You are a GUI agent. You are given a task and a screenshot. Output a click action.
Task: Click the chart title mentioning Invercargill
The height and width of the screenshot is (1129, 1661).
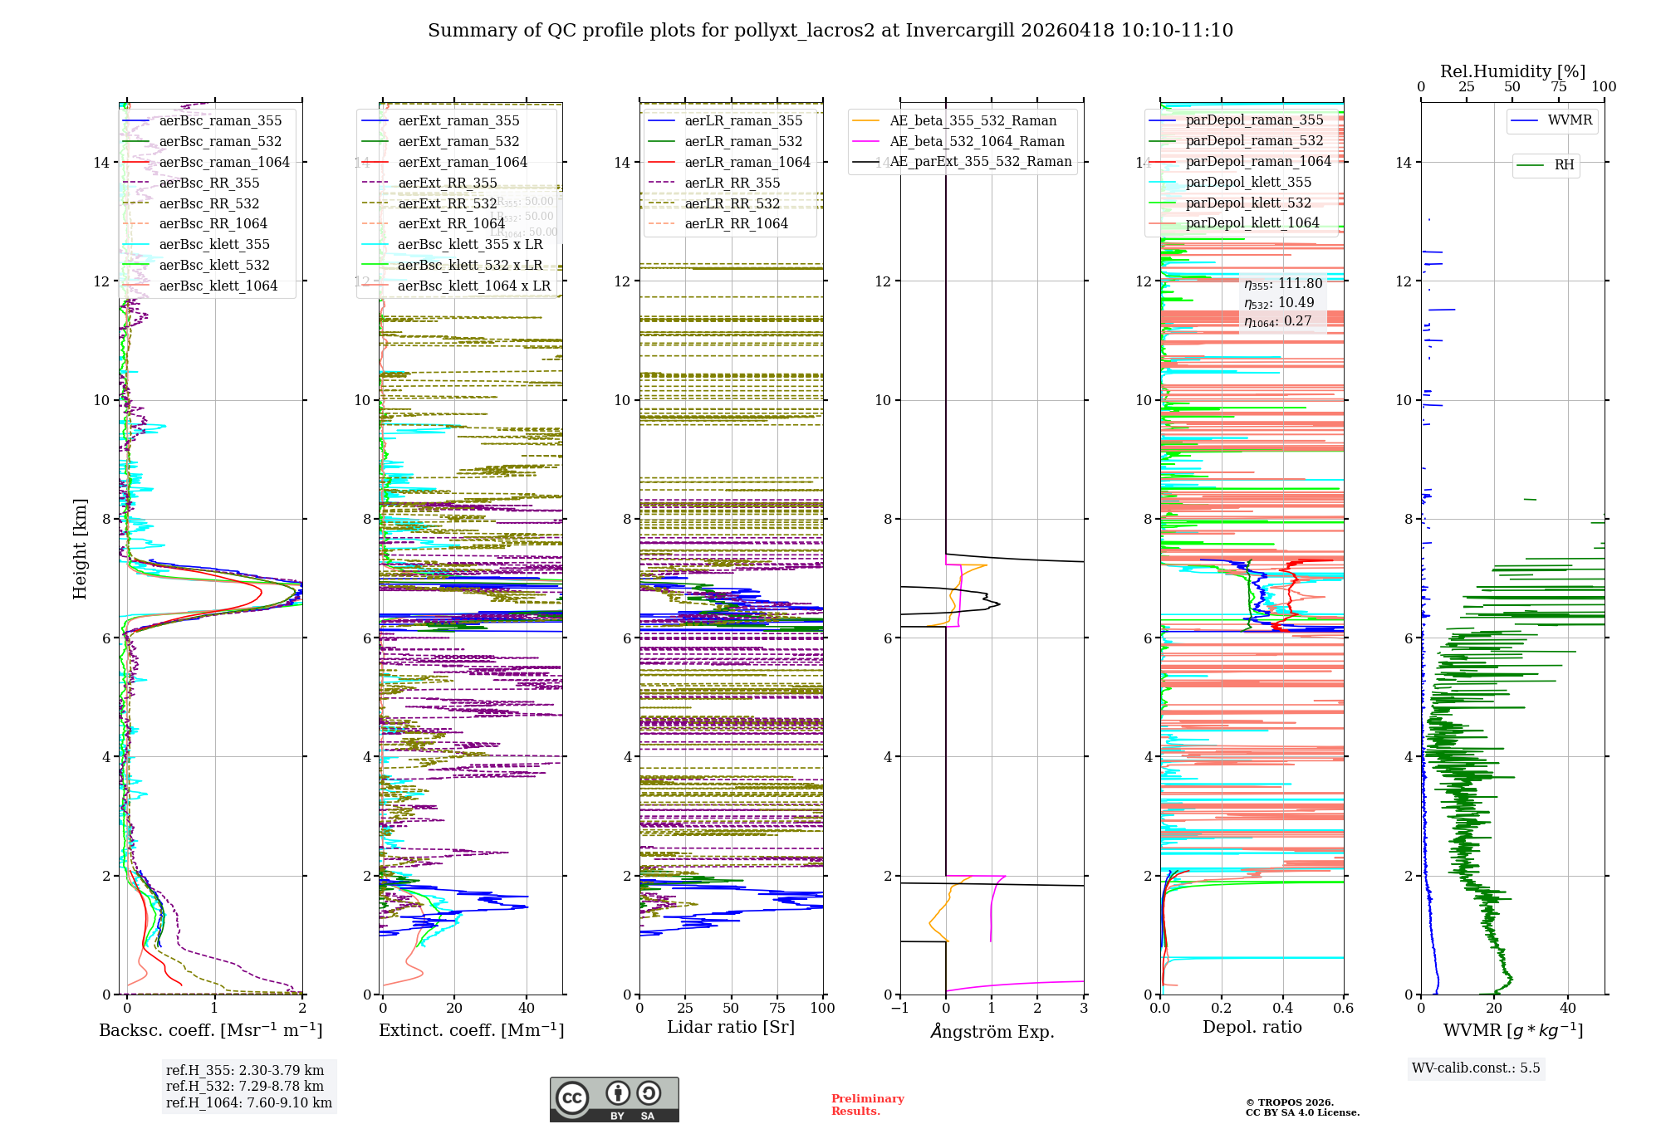[830, 31]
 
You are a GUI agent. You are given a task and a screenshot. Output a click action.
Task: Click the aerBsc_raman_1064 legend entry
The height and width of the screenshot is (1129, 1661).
[224, 162]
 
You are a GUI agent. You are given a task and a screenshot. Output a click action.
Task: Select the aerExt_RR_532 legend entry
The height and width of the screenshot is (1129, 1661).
[447, 203]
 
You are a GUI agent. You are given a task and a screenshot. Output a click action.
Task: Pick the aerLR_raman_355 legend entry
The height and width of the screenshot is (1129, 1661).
[743, 121]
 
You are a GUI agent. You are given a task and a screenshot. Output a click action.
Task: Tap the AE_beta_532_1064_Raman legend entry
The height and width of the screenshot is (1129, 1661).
[977, 142]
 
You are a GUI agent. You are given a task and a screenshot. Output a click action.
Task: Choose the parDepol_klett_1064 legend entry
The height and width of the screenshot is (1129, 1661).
[1252, 222]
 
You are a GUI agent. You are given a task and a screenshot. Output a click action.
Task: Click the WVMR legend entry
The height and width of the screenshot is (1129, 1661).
[1570, 120]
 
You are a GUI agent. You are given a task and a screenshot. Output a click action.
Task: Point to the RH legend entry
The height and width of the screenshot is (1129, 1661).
[1564, 165]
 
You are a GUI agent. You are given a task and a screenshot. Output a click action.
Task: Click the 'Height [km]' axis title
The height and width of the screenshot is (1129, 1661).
[80, 548]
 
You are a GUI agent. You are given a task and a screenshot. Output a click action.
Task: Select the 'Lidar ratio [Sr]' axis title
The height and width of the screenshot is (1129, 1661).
[731, 1028]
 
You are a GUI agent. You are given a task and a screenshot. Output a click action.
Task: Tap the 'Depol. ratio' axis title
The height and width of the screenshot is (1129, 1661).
[1252, 1028]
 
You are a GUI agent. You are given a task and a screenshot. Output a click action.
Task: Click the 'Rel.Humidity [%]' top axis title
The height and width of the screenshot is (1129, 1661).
[1512, 71]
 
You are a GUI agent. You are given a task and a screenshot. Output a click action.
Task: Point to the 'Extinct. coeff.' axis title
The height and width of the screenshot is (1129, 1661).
[471, 1030]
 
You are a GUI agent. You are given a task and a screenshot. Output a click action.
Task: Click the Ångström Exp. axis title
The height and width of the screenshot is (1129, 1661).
[992, 1032]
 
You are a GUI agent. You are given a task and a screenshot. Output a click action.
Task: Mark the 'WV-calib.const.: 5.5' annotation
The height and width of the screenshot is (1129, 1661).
[1476, 1068]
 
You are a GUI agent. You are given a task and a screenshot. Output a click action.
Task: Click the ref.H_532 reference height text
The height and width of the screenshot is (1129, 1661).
[244, 1087]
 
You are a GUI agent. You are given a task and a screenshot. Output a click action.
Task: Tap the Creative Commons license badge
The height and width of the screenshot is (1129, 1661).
[614, 1099]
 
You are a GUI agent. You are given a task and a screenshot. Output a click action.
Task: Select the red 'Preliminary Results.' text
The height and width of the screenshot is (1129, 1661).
[867, 1105]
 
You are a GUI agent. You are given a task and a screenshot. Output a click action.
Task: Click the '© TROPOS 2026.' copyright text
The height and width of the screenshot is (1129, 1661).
[1289, 1102]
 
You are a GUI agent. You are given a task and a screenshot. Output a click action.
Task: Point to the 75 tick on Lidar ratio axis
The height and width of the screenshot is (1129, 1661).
[777, 1008]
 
